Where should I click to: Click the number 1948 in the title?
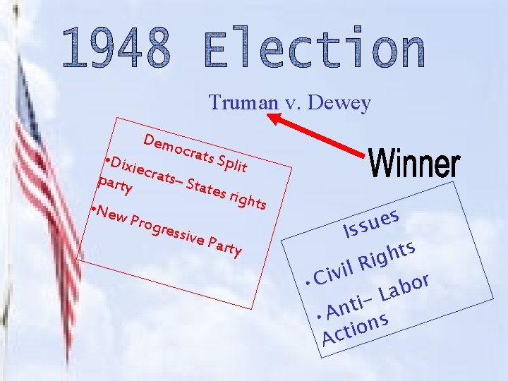pyautogui.click(x=116, y=49)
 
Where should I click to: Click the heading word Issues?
pyautogui.click(x=373, y=221)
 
